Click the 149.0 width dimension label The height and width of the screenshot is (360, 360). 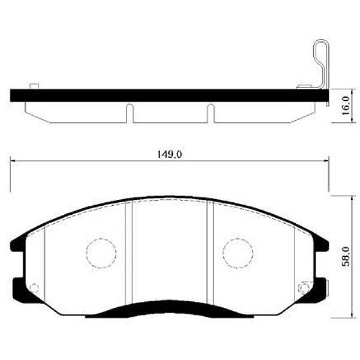[169, 154]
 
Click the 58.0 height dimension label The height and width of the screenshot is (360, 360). [346, 256]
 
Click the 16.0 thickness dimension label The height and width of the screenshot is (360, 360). [346, 106]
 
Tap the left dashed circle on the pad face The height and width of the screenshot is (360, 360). [101, 253]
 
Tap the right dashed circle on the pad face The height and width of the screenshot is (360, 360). [238, 253]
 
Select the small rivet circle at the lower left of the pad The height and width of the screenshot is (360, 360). [34, 287]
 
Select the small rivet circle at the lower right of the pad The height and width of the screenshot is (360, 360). [304, 287]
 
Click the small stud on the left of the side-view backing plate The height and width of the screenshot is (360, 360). [34, 86]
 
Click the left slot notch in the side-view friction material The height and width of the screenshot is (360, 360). [130, 113]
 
